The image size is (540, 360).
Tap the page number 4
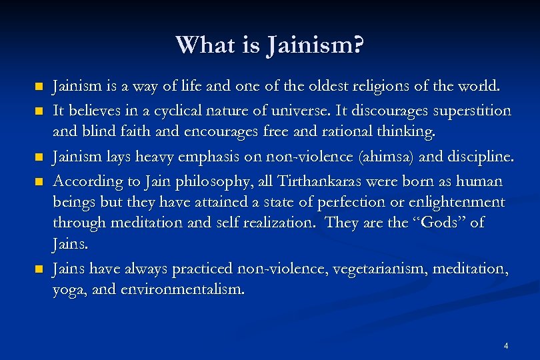coord(507,345)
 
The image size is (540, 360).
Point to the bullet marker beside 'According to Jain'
coord(39,181)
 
